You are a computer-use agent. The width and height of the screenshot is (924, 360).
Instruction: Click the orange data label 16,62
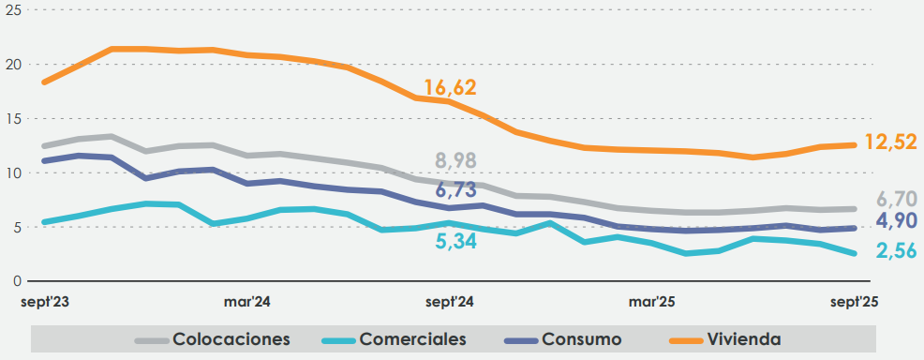(450, 88)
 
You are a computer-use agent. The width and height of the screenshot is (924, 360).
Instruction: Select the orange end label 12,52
(889, 142)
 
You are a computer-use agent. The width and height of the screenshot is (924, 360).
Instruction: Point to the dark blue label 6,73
(456, 190)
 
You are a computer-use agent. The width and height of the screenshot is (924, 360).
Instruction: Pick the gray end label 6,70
(896, 199)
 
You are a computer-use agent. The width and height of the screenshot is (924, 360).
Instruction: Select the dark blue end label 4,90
(896, 221)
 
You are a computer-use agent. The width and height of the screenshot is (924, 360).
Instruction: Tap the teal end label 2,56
(896, 250)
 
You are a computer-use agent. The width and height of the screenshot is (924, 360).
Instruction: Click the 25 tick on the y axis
(12, 7)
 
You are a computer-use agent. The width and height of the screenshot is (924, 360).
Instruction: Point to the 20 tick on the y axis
(12, 65)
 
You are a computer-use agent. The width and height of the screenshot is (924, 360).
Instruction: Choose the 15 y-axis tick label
(12, 119)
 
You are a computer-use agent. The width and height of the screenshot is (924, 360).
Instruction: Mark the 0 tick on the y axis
(16, 280)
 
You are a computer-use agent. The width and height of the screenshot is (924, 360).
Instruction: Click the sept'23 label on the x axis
(47, 302)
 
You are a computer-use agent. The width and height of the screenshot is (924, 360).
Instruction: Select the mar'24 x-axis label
(247, 302)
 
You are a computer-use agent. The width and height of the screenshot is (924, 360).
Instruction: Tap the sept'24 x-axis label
(451, 302)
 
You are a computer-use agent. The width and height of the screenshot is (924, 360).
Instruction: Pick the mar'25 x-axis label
(653, 302)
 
